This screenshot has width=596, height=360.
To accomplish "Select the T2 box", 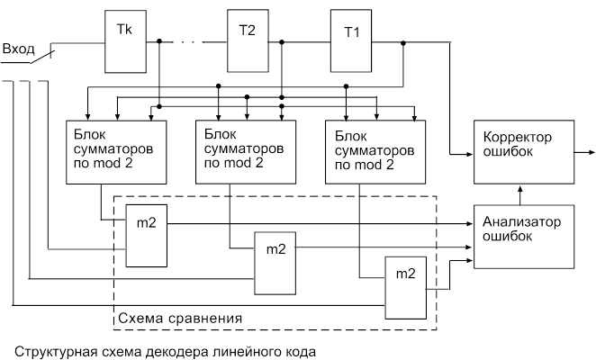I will (x=247, y=40).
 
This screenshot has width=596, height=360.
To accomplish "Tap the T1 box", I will (x=352, y=40).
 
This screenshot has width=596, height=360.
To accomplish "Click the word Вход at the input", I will (x=19, y=48).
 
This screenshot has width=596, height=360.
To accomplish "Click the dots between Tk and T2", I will (x=189, y=41).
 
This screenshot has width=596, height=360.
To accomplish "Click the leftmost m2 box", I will (x=145, y=235).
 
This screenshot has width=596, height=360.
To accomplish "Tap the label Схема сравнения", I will (x=180, y=319).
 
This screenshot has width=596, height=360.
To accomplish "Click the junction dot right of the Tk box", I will (x=159, y=41).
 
